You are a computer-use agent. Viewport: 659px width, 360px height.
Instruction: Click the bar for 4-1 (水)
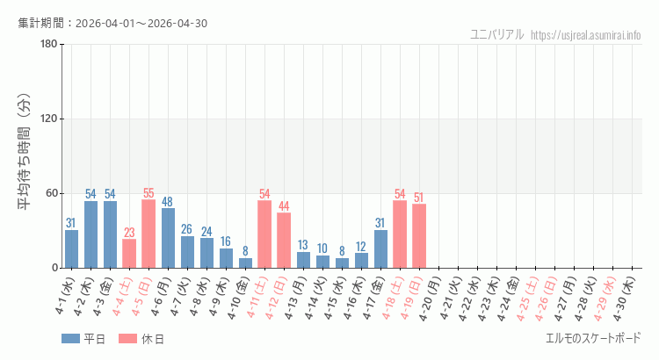pyautogui.click(x=71, y=248)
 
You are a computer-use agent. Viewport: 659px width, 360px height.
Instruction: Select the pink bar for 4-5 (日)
pyautogui.click(x=148, y=234)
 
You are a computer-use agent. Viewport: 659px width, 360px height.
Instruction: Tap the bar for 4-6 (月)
pyautogui.click(x=168, y=238)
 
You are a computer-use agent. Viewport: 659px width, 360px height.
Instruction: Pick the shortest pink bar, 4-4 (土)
pyautogui.click(x=129, y=254)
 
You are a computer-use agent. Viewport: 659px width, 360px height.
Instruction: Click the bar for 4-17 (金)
pyautogui.click(x=380, y=248)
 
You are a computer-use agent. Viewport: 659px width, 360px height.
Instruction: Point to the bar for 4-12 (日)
pyautogui.click(x=284, y=241)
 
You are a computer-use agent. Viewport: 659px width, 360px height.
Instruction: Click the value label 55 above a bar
pyautogui.click(x=148, y=193)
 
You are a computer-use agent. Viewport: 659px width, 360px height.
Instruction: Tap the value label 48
pyautogui.click(x=168, y=202)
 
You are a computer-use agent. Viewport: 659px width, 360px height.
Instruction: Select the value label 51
pyautogui.click(x=419, y=198)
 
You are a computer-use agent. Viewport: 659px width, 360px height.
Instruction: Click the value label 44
pyautogui.click(x=284, y=206)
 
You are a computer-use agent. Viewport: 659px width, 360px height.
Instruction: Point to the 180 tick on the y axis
pyautogui.click(x=49, y=45)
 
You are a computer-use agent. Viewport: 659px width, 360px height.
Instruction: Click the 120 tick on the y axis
pyautogui.click(x=49, y=119)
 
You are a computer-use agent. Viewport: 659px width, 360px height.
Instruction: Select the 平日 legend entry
pyautogui.click(x=84, y=339)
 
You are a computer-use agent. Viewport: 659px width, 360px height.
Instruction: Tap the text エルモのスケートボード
pyautogui.click(x=593, y=338)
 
